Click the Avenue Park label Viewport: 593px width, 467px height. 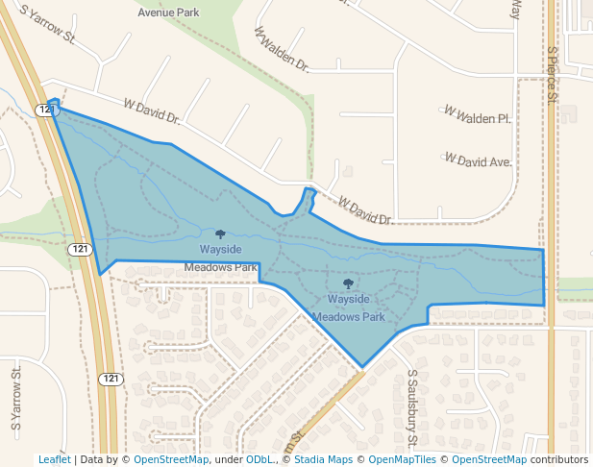(x=168, y=12)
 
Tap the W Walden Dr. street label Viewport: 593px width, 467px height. (x=282, y=50)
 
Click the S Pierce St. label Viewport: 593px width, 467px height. (x=553, y=75)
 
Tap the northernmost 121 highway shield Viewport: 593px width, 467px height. (x=46, y=111)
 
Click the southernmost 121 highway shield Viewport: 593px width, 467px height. (x=111, y=379)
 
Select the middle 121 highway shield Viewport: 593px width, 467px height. (x=80, y=249)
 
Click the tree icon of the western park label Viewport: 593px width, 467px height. (x=220, y=233)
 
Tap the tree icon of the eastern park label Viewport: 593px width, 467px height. (x=348, y=283)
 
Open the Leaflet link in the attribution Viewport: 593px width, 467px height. (x=54, y=460)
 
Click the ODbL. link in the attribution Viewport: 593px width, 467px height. (x=260, y=460)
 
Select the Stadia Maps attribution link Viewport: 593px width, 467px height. (x=322, y=460)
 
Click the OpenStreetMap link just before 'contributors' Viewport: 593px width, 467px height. (x=488, y=460)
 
